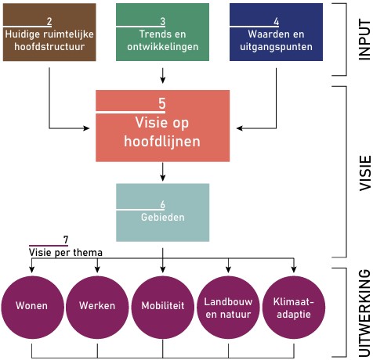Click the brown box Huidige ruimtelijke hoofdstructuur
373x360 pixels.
click(x=49, y=32)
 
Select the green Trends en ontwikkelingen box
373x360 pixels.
click(x=162, y=32)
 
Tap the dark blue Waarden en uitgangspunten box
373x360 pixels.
click(x=277, y=32)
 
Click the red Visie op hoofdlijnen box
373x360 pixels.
click(x=162, y=124)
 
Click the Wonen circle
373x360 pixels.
click(x=31, y=305)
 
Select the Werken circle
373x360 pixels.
click(x=97, y=305)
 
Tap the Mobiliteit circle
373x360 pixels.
click(x=163, y=305)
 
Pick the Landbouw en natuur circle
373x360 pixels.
click(x=228, y=305)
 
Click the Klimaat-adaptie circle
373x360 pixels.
click(x=294, y=305)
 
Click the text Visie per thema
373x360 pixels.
click(x=66, y=253)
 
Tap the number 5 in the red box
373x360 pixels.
click(x=162, y=103)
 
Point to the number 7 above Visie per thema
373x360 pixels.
click(x=66, y=239)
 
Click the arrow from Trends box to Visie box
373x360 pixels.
click(x=162, y=75)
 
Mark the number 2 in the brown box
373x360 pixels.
click(x=49, y=20)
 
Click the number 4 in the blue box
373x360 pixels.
click(x=277, y=20)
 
